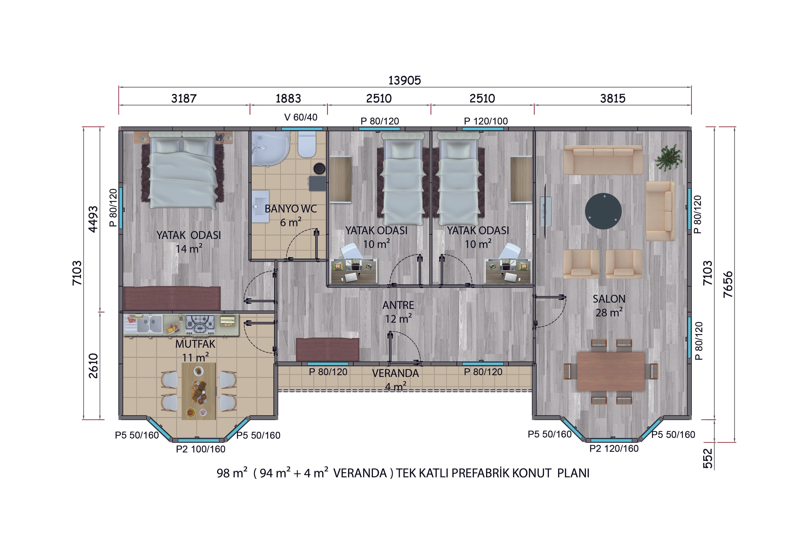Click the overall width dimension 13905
pos(404,80)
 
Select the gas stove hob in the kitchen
pos(200,324)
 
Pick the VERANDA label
pos(395,373)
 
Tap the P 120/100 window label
pos(485,121)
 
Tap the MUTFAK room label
pos(195,344)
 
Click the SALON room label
pos(609,299)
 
